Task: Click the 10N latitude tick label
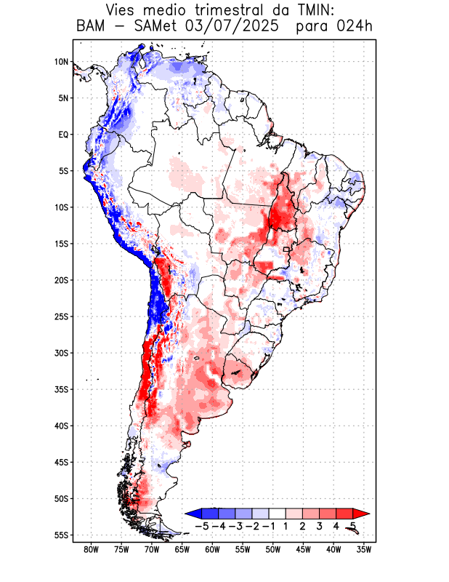[61, 62]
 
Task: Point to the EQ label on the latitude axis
[63, 135]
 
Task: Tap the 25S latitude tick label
[61, 316]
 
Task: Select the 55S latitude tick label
[61, 535]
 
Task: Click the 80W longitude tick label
[92, 550]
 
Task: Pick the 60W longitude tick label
[212, 550]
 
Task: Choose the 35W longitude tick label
[364, 550]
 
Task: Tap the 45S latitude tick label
[61, 462]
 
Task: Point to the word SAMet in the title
[155, 26]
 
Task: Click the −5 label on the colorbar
[202, 525]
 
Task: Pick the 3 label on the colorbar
[320, 525]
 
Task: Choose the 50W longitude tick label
[272, 550]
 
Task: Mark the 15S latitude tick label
[61, 244]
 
